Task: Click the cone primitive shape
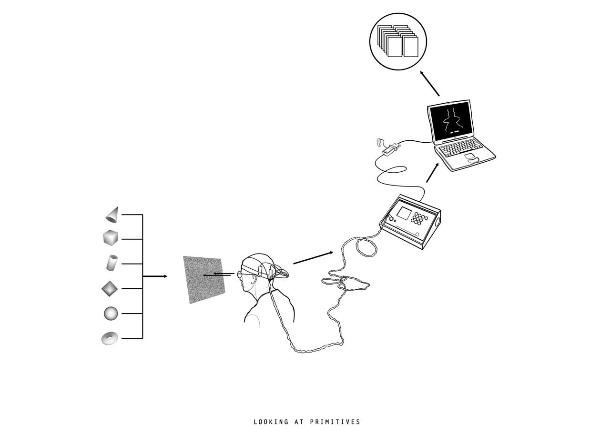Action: (112, 215)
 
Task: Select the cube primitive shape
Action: (111, 238)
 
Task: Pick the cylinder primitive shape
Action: (112, 263)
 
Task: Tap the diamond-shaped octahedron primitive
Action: (110, 289)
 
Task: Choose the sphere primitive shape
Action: (111, 313)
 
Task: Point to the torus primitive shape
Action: (110, 338)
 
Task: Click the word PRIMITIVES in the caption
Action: (335, 422)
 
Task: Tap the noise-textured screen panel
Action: (204, 280)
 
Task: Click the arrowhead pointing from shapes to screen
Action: (165, 276)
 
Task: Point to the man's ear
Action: (254, 280)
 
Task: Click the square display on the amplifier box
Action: (404, 213)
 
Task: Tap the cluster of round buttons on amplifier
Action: (419, 219)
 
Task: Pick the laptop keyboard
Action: (458, 147)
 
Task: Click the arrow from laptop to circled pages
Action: (429, 83)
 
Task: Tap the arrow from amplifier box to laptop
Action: (432, 173)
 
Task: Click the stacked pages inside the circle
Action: (398, 41)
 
